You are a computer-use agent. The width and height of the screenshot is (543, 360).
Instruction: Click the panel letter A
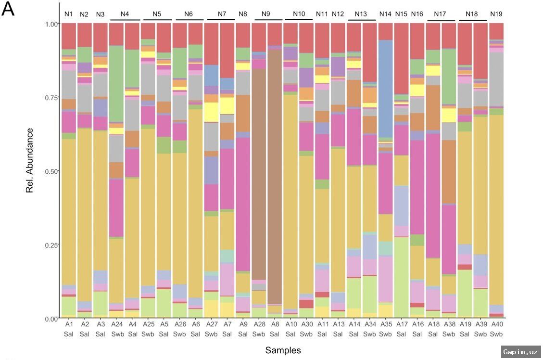pyautogui.click(x=8, y=9)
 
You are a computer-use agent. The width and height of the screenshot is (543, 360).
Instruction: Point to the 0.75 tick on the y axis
pyautogui.click(x=51, y=98)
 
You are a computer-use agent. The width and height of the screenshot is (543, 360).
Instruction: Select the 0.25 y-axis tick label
pyautogui.click(x=51, y=245)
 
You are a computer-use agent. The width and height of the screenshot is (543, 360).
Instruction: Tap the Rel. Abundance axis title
pyautogui.click(x=30, y=160)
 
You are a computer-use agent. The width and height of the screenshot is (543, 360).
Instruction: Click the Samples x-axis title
pyautogui.click(x=283, y=350)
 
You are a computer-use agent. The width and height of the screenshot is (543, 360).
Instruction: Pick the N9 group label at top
pyautogui.click(x=265, y=14)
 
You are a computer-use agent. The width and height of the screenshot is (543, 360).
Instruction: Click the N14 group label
pyautogui.click(x=385, y=14)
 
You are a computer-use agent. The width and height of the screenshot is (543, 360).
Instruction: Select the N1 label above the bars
pyautogui.click(x=68, y=14)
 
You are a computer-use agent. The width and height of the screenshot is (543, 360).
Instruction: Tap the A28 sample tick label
pyautogui.click(x=259, y=325)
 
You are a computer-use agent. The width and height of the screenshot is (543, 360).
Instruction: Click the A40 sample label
pyautogui.click(x=496, y=325)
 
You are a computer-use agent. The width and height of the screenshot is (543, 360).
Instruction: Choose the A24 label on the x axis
pyautogui.click(x=116, y=325)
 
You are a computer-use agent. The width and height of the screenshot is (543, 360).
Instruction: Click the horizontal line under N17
pyautogui.click(x=441, y=20)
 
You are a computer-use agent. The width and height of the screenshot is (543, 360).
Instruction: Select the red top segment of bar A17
pyautogui.click(x=401, y=58)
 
